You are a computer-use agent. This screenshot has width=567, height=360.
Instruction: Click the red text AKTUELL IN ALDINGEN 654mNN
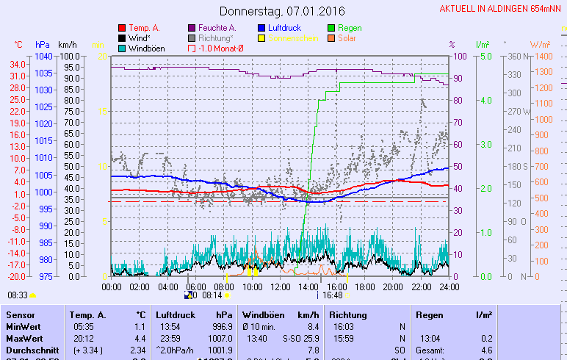(x=502, y=9)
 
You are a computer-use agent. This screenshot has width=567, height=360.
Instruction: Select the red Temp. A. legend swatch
(x=122, y=28)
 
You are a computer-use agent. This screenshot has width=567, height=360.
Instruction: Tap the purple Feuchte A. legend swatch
(x=192, y=28)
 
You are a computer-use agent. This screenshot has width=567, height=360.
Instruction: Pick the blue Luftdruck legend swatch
(x=262, y=28)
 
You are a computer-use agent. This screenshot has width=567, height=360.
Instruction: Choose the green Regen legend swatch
(x=332, y=28)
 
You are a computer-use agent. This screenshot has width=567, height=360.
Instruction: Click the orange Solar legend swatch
(x=332, y=38)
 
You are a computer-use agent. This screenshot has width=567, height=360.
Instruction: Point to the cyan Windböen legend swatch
(x=122, y=48)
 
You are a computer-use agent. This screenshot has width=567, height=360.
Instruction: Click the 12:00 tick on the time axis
(x=280, y=287)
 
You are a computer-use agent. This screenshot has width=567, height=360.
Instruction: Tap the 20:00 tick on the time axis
(x=393, y=287)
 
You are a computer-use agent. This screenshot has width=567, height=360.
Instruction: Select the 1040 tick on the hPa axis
(x=43, y=56)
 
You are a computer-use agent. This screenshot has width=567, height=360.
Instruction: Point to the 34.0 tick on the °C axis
(x=19, y=64)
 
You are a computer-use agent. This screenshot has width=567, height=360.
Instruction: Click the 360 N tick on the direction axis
(x=515, y=56)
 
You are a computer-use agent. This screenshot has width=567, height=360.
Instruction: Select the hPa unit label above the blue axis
(x=42, y=45)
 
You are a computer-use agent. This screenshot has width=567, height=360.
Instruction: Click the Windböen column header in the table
(x=263, y=314)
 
